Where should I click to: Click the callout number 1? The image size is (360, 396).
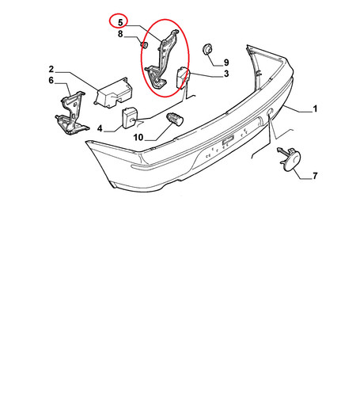coord(315,109)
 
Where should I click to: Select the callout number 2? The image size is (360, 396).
coord(51,69)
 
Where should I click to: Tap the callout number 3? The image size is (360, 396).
coord(226,74)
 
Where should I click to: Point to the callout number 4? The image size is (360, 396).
coord(100,128)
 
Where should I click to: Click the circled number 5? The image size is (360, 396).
coord(120,22)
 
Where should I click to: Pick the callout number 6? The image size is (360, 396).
coord(51,80)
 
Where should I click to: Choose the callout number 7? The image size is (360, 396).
coord(315,176)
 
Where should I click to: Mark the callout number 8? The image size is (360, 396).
coord(120,34)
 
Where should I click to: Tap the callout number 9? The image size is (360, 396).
coord(226,63)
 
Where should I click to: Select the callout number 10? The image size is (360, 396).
coord(138,137)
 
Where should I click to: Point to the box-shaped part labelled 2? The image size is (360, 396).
coord(113,93)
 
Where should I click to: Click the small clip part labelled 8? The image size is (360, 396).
coord(145,45)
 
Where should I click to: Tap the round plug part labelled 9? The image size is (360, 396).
coord(207,49)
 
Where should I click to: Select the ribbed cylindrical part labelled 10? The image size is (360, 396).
coord(175,119)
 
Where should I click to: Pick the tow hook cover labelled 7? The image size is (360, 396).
coord(291,159)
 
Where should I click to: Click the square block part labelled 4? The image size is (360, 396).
coord(130,118)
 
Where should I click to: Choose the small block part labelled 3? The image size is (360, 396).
coord(182,77)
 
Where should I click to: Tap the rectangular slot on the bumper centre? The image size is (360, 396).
coord(228,140)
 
